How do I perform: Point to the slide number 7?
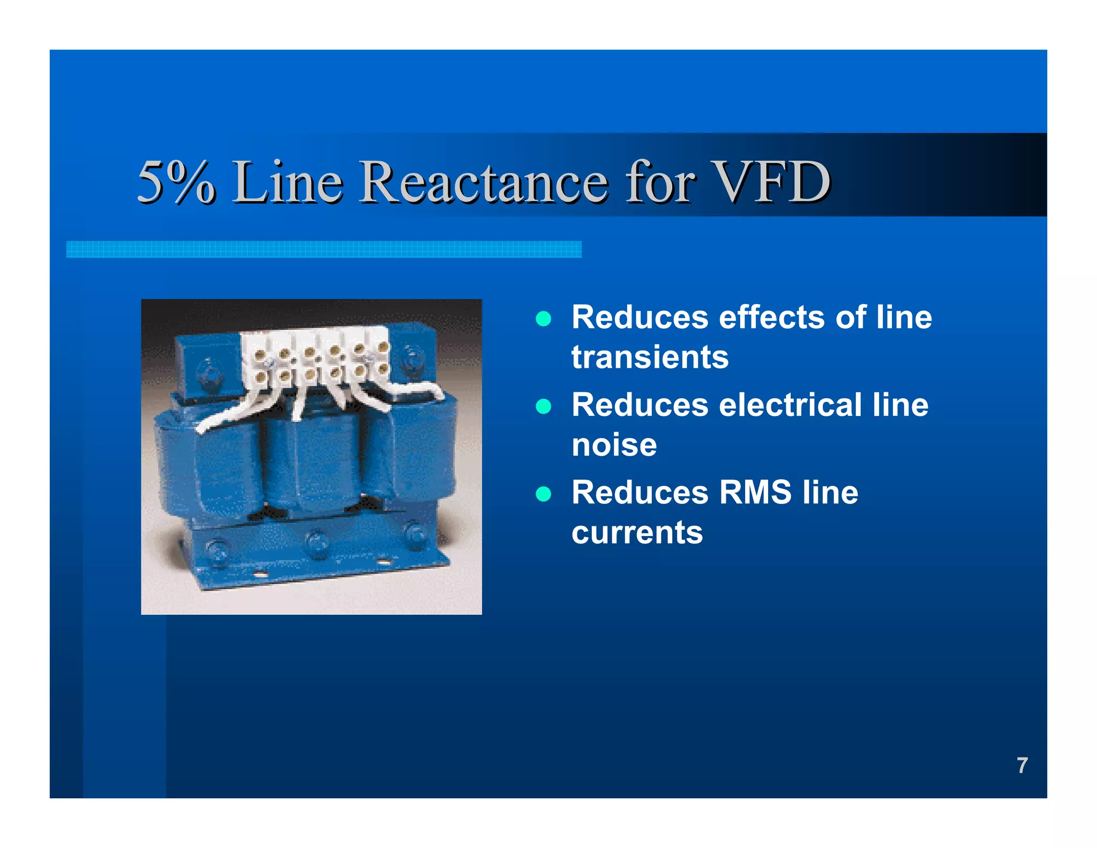tap(1022, 765)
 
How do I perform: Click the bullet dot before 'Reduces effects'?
tap(543, 319)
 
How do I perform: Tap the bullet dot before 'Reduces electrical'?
tap(543, 406)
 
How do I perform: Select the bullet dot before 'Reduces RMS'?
tap(543, 494)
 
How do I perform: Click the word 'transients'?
tap(650, 357)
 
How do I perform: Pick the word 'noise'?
tap(614, 445)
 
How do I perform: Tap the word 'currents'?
tap(637, 532)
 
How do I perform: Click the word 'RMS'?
tap(755, 492)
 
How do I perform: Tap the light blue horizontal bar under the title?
tap(324, 249)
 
